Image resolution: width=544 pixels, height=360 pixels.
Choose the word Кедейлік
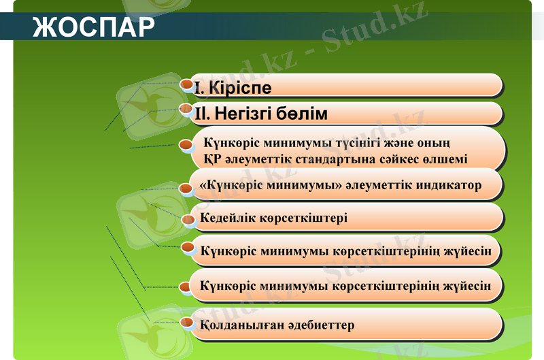(228, 218)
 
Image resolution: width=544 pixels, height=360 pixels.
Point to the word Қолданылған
(237, 325)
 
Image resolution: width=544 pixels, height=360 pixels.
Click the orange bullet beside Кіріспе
(186, 84)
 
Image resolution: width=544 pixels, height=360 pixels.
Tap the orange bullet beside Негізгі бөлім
(186, 108)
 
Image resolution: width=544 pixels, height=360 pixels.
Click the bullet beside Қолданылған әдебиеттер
(186, 321)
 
